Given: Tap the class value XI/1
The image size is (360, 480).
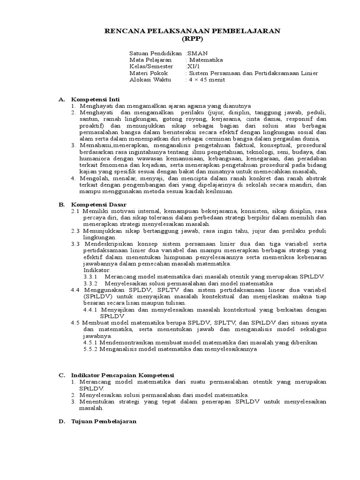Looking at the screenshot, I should pyautogui.click(x=193, y=67).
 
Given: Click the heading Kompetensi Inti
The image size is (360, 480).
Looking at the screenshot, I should pyautogui.click(x=95, y=99).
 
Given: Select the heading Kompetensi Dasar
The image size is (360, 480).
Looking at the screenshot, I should pyautogui.click(x=97, y=204).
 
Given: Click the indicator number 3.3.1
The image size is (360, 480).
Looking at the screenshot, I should pyautogui.click(x=90, y=277).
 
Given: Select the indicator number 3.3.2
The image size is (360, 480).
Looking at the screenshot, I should pyautogui.click(x=90, y=284).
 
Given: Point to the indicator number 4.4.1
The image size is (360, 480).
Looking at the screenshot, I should pyautogui.click(x=90, y=310).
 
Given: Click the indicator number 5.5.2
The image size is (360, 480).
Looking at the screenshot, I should pyautogui.click(x=90, y=349).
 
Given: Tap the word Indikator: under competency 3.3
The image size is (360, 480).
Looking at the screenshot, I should pyautogui.click(x=97, y=270).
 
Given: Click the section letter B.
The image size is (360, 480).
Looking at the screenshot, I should pyautogui.click(x=61, y=204).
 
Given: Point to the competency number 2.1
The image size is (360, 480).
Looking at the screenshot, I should pyautogui.click(x=75, y=211).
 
